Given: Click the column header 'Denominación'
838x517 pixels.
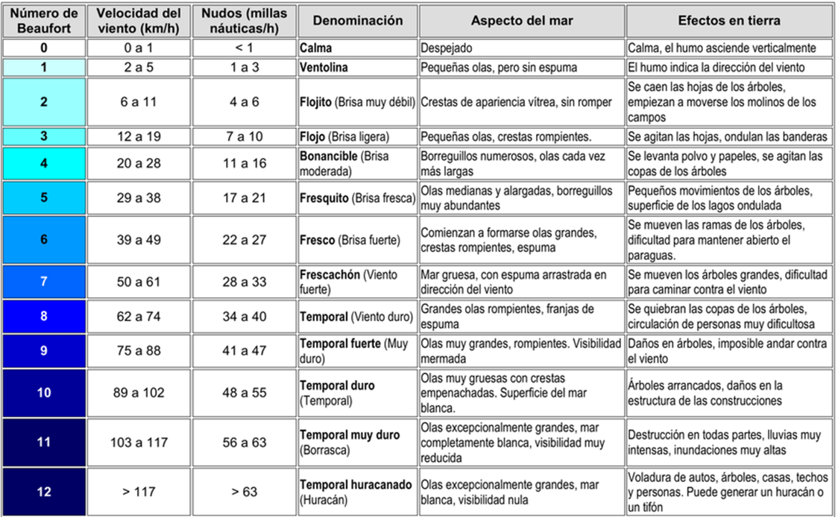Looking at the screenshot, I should [358, 21].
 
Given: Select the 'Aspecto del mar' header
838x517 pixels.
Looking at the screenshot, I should [522, 21].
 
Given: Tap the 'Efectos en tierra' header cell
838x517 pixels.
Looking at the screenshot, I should [730, 21].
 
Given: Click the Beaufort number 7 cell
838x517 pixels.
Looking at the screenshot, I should [44, 282].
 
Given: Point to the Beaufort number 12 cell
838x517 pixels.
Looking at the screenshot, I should [44, 492].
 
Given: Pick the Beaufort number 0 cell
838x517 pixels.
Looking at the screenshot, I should [44, 48].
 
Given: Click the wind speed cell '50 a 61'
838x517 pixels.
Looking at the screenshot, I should [139, 282].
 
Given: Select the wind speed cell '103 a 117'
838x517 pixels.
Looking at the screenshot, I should [139, 443].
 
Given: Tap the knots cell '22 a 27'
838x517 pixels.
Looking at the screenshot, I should [245, 240].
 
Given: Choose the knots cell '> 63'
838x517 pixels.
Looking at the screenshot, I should [245, 492].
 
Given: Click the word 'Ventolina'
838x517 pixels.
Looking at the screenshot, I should [324, 67].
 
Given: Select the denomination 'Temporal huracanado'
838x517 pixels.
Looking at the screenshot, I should [356, 484].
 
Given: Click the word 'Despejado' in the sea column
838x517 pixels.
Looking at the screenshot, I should [447, 48].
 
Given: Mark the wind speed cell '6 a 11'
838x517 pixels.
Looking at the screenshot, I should [139, 101].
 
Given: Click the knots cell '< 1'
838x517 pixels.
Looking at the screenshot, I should [245, 48].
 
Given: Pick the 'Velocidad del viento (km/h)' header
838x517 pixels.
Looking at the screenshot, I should [139, 21].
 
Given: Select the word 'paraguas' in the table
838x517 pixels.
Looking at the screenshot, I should [651, 255].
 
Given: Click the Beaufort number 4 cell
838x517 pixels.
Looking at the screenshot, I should [44, 163].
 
